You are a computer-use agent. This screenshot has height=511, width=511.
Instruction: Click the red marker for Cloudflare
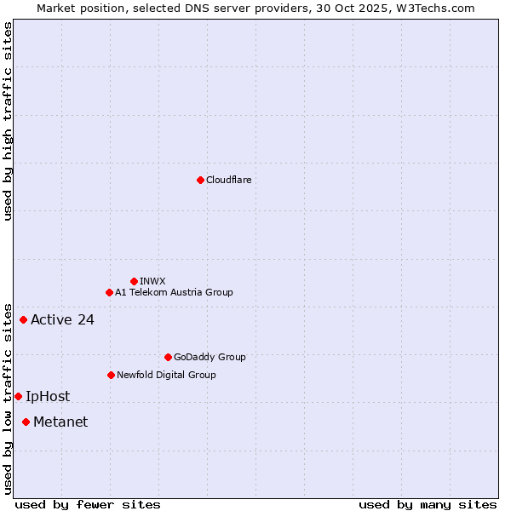coord(200,180)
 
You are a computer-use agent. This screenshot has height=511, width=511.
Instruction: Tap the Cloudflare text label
coord(228,180)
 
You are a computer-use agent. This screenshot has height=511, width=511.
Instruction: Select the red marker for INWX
coord(134,281)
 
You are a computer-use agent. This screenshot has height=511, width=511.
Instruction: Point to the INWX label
coord(152,281)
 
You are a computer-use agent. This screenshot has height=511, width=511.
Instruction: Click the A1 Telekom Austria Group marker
coord(109,292)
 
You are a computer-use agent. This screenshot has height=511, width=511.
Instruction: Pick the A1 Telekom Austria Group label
coord(174,292)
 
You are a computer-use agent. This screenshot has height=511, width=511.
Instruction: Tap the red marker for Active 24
coord(23,320)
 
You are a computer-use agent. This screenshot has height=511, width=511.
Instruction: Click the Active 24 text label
coord(62,320)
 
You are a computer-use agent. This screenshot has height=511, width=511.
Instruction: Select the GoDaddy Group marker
coord(168,357)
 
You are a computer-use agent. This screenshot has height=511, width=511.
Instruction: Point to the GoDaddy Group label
coord(210,357)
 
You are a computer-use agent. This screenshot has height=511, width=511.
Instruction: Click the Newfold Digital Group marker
coord(111,375)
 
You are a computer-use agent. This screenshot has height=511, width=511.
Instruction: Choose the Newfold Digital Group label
coord(166,375)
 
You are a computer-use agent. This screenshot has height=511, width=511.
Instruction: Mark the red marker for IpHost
coord(18,396)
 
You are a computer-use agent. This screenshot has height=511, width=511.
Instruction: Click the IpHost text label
coord(48,396)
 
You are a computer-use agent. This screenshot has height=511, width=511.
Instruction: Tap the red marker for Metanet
coord(26,422)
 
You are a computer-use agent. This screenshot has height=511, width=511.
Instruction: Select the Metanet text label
coord(60,422)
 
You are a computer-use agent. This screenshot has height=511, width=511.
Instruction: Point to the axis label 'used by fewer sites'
coord(88,504)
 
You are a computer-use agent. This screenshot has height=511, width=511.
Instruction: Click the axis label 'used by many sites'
coord(428,504)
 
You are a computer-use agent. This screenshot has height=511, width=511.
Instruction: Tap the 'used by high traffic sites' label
coord(8,121)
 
